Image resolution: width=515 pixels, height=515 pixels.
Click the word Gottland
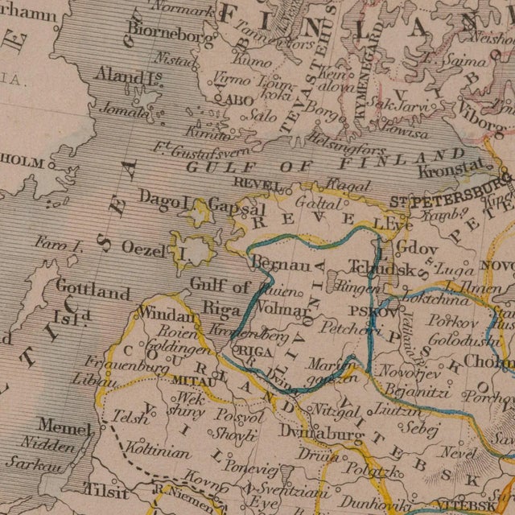point(93,291)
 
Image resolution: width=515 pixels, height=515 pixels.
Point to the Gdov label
point(418,249)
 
